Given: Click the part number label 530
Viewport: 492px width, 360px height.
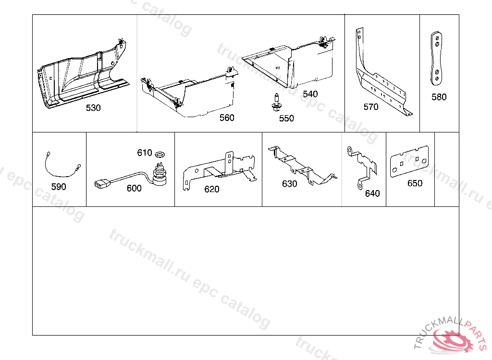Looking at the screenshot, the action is coord(93,108).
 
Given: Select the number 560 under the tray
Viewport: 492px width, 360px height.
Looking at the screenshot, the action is coord(227,118).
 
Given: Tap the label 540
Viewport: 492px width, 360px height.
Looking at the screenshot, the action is coord(310,94).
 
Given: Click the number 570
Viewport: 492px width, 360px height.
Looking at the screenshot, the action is coord(371,107).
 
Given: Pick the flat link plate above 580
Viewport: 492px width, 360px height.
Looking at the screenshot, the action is coord(436,58).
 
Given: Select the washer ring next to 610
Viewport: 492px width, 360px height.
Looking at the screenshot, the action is coord(160,154).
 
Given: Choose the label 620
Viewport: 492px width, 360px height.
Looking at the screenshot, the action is coord(212,189).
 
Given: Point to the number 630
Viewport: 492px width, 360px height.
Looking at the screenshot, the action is coord(289,184).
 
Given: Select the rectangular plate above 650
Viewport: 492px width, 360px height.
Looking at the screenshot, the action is coord(409,161).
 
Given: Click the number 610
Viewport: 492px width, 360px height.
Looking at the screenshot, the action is coord(145,153).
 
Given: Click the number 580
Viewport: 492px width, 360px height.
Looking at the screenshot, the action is coord(439,97).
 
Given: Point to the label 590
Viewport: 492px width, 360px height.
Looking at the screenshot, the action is coord(59,187).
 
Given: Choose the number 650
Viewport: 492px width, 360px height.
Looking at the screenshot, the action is coord(415,183).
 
